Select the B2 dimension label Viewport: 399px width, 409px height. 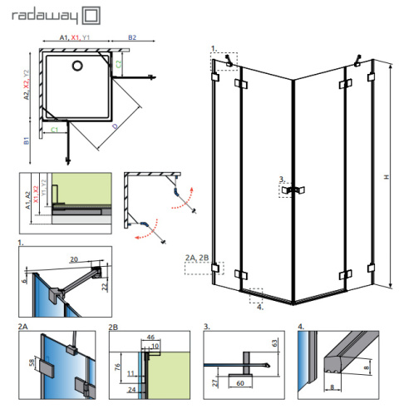click(132, 38)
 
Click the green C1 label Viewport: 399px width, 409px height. click(54, 130)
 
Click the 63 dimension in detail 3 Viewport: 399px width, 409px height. click(274, 340)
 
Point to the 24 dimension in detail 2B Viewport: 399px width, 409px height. click(131, 389)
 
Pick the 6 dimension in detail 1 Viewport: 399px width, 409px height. click(27, 280)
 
